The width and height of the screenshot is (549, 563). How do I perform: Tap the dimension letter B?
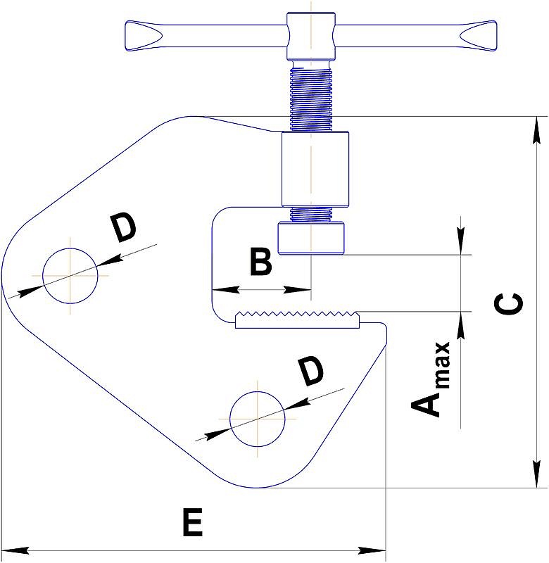point(261,262)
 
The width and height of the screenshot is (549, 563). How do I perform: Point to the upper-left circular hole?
point(70,277)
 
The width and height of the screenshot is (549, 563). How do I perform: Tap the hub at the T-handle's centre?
point(310,35)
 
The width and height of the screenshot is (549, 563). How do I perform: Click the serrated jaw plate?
point(298,320)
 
